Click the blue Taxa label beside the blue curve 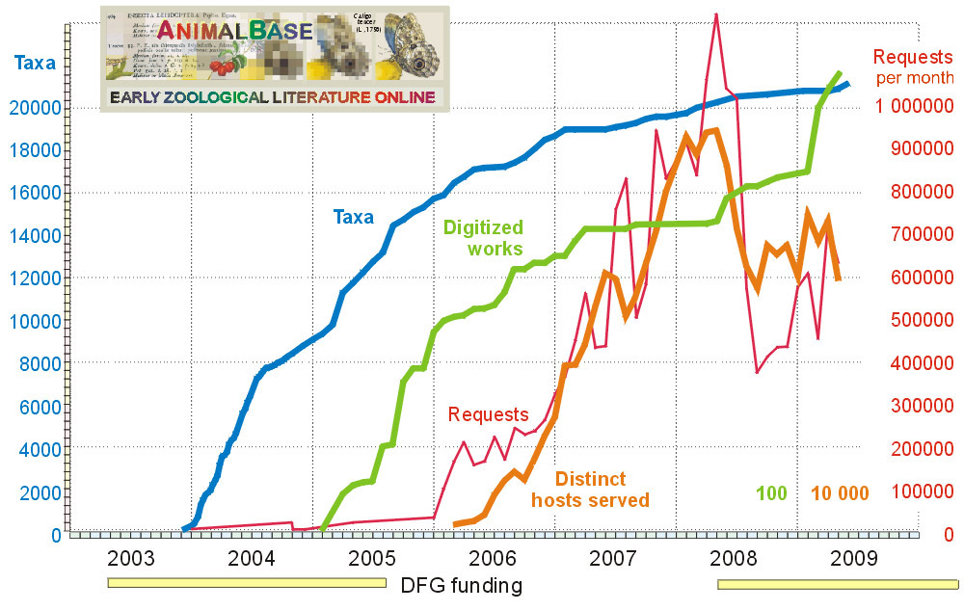[x=354, y=218]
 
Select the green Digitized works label [x=483, y=238]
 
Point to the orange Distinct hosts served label [x=590, y=490]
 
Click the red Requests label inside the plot [x=489, y=414]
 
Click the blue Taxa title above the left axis [x=35, y=66]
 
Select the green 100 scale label [x=771, y=493]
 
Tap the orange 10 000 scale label [x=839, y=493]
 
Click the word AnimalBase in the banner [x=234, y=31]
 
